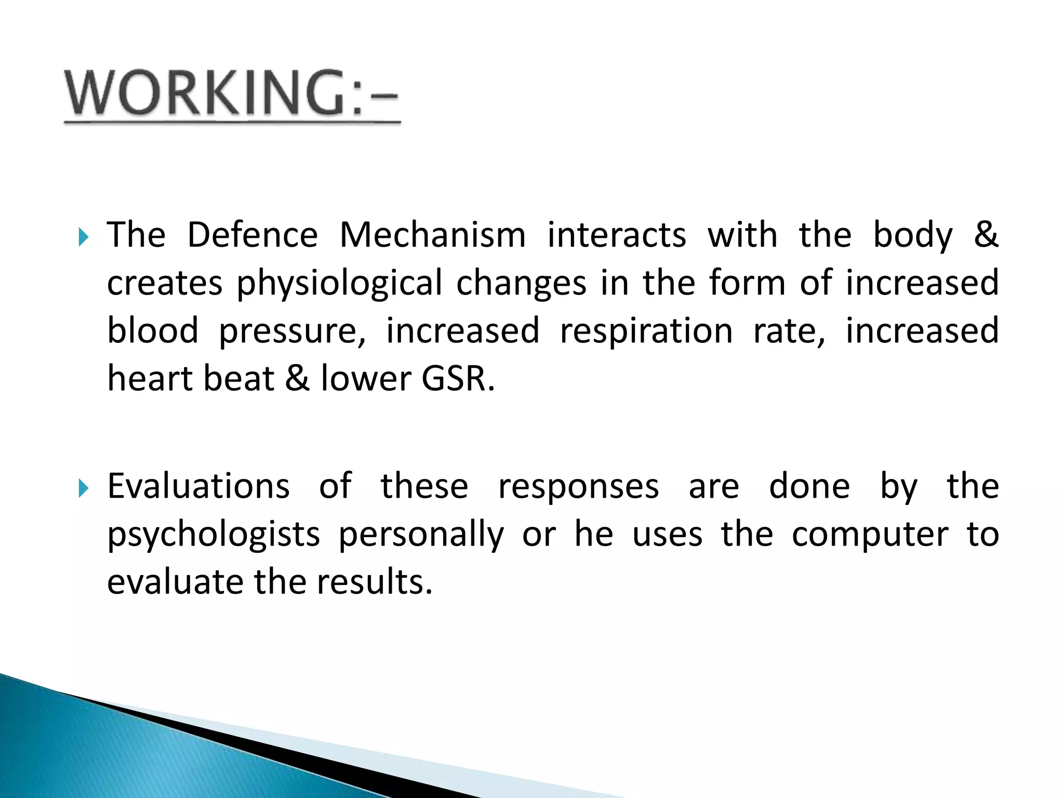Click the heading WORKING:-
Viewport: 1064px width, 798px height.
tap(231, 94)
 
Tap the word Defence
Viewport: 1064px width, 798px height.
tap(252, 235)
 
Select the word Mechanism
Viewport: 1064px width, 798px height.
tap(432, 235)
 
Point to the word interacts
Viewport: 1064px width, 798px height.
tap(617, 235)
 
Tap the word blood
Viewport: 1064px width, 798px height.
tap(153, 331)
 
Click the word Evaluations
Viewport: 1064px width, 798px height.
tap(198, 487)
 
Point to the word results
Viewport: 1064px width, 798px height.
tap(375, 582)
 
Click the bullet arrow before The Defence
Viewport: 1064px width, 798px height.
tap(84, 238)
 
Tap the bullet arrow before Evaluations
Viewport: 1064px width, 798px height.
tap(84, 488)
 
